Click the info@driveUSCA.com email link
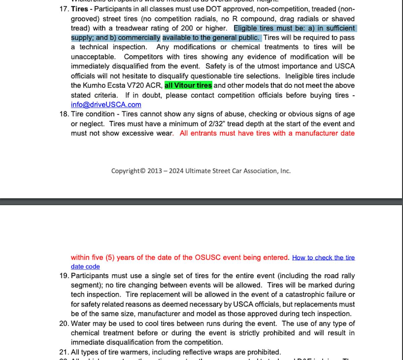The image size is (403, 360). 106,105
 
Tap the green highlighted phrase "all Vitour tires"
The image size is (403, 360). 188,85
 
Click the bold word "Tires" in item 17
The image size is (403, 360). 80,9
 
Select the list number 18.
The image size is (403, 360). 64,114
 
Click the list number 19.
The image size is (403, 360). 64,276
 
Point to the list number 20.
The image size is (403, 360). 64,324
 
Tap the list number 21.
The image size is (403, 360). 64,352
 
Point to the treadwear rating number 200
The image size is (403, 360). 187,28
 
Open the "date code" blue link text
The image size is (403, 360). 85,267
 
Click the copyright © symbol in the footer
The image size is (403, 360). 142,171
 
